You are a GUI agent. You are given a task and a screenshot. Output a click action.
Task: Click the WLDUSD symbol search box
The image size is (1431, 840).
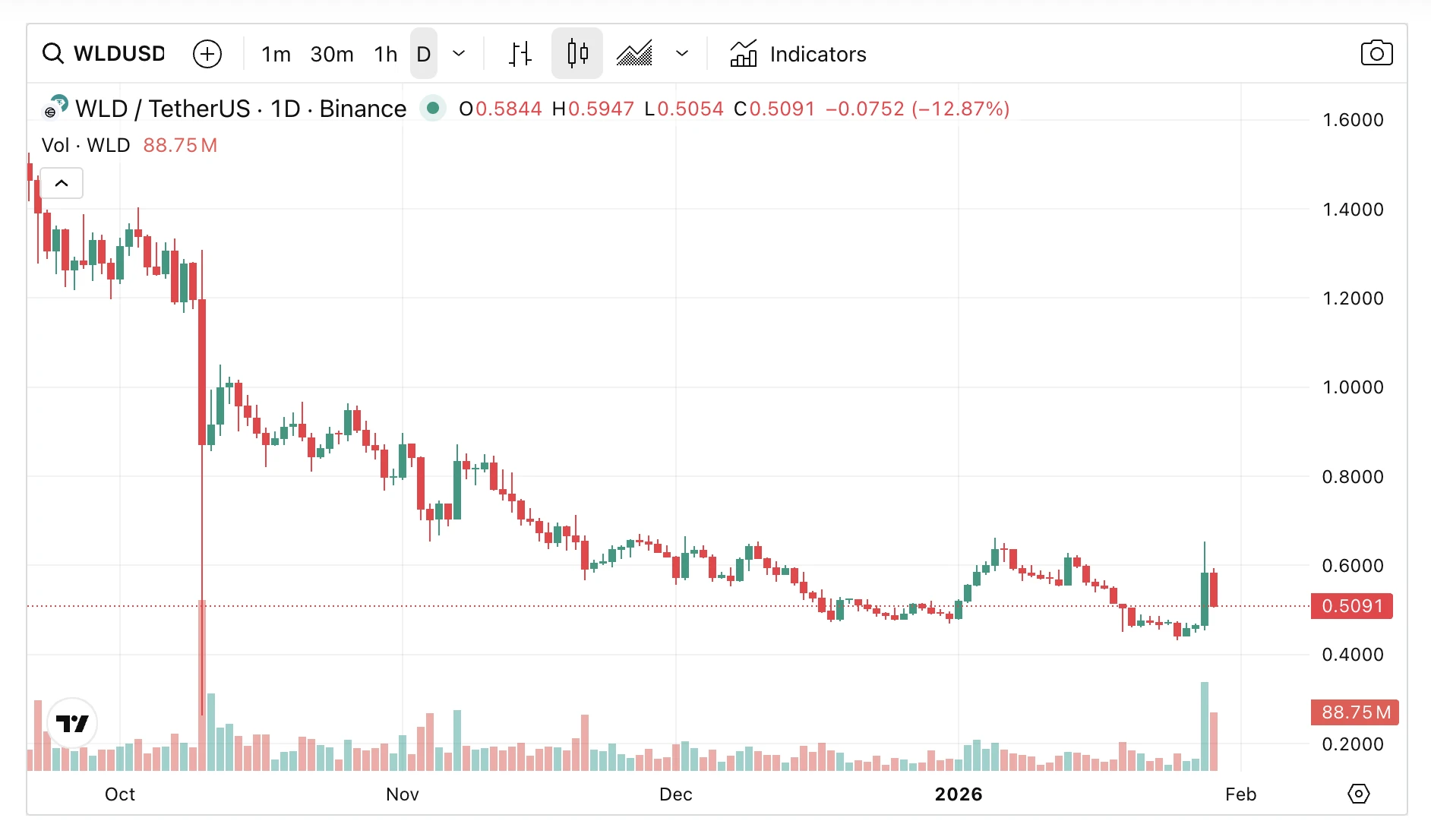tap(105, 54)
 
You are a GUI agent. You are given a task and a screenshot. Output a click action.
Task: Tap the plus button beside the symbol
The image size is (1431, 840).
tap(207, 54)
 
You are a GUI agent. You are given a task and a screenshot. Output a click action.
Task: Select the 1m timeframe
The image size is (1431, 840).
tap(276, 54)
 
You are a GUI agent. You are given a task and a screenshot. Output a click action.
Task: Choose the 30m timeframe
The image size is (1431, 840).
tap(332, 54)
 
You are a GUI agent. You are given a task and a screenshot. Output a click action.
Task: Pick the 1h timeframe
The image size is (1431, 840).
tap(386, 54)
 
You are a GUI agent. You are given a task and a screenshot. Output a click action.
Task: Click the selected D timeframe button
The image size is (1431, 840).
tap(424, 54)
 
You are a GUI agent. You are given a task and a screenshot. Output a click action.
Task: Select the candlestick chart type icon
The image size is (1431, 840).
tap(577, 54)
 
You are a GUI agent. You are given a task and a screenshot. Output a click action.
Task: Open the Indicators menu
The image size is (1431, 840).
tap(798, 54)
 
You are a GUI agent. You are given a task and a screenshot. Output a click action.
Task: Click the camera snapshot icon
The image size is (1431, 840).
tap(1376, 53)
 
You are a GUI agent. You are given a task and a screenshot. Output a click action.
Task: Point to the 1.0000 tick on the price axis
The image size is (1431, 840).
tap(1353, 387)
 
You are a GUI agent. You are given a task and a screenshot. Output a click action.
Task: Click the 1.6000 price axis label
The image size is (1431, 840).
tap(1353, 120)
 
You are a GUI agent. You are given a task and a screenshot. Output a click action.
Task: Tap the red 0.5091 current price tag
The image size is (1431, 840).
tap(1352, 606)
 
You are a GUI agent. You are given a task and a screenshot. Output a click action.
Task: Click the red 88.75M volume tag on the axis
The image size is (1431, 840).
tap(1355, 712)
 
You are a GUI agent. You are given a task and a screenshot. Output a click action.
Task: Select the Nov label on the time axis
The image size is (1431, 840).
tap(403, 794)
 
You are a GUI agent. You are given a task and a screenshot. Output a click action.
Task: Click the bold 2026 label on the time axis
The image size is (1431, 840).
tap(959, 794)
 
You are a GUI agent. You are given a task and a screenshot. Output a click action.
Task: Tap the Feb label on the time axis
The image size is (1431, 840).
tap(1241, 794)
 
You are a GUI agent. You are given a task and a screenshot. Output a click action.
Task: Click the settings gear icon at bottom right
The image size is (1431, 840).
tap(1358, 794)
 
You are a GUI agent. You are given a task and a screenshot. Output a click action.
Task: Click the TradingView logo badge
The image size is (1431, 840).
tap(72, 723)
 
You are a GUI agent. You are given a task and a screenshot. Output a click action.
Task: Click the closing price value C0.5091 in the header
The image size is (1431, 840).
tap(775, 109)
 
